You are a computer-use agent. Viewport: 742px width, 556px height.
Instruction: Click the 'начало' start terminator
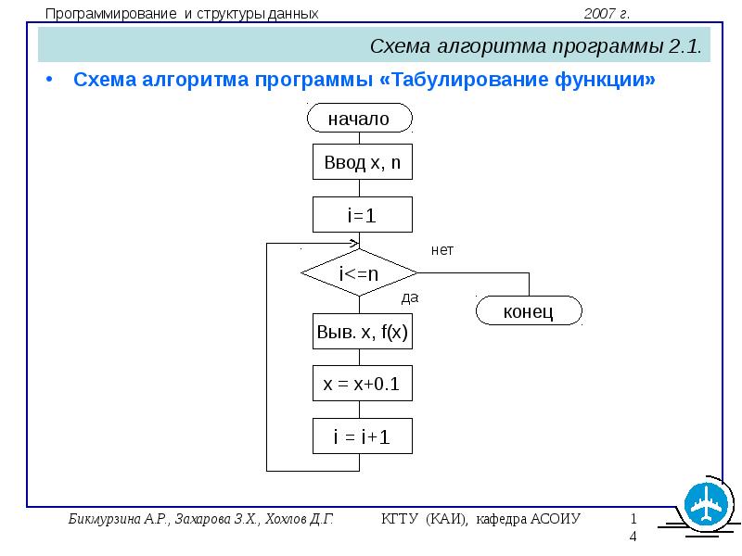[x=360, y=118]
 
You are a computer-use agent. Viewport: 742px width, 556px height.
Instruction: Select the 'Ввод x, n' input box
[x=363, y=161]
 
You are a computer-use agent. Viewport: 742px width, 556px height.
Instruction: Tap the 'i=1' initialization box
[x=363, y=215]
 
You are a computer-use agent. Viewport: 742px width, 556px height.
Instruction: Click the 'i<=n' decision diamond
[x=359, y=272]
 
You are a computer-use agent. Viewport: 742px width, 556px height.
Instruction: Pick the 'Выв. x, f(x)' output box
[x=363, y=331]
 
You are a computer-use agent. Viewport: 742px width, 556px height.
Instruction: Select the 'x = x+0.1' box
[x=363, y=384]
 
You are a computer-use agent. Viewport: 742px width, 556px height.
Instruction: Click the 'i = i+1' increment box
[x=363, y=436]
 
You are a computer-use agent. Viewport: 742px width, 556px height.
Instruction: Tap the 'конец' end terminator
[x=529, y=310]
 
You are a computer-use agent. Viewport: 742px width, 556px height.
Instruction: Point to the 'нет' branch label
[x=442, y=250]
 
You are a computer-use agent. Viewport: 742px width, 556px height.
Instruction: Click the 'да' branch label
[x=410, y=297]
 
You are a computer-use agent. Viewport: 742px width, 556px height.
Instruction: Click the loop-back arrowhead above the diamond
[x=355, y=244]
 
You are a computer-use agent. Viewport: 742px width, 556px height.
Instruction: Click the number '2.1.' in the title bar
[x=684, y=46]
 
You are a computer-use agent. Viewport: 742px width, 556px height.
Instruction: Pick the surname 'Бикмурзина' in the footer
[x=105, y=519]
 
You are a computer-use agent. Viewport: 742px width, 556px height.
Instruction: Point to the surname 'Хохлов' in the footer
[x=286, y=519]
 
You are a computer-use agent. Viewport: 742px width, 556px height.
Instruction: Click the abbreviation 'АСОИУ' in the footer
[x=555, y=519]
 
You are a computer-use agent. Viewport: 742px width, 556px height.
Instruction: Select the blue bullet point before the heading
[x=49, y=80]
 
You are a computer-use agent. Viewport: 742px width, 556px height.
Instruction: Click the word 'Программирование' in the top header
[x=110, y=14]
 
